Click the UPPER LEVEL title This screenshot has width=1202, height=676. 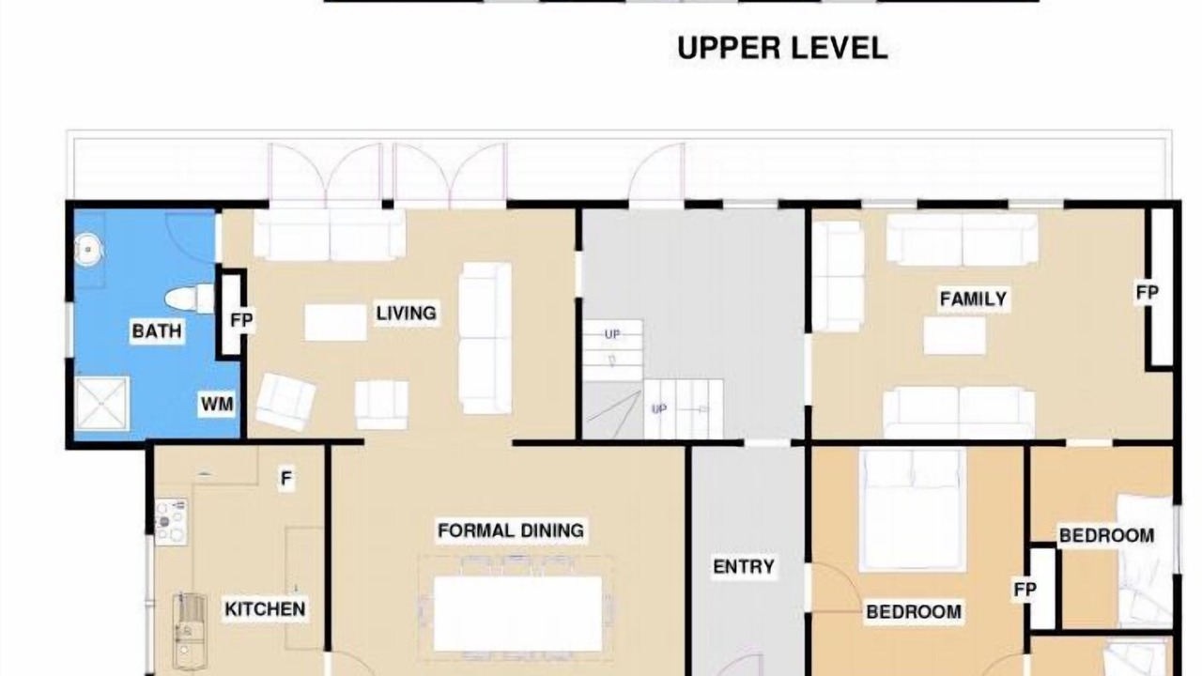pos(782,48)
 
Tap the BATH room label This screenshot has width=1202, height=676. pos(157,331)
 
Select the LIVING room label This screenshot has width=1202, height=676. pos(407,314)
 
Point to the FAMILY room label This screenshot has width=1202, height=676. pos(974,299)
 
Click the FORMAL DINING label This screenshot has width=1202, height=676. pos(511,530)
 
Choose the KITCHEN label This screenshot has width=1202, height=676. pos(265,609)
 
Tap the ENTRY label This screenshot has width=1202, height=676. pos(744,566)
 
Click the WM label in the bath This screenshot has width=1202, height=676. pos(217,404)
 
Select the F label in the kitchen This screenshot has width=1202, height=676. pos(286,478)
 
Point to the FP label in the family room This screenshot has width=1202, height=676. pos(1148,292)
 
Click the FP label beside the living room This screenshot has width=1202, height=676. pos(241,320)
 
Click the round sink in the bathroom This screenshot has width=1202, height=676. pos(88,250)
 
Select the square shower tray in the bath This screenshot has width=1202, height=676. pos(102,404)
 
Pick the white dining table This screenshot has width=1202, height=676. pos(517,614)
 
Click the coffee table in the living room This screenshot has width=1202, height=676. pos(336,322)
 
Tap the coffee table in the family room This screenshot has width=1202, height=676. pos(955,336)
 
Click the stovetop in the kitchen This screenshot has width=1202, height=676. pos(171,522)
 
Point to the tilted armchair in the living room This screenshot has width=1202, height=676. pos(285,402)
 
